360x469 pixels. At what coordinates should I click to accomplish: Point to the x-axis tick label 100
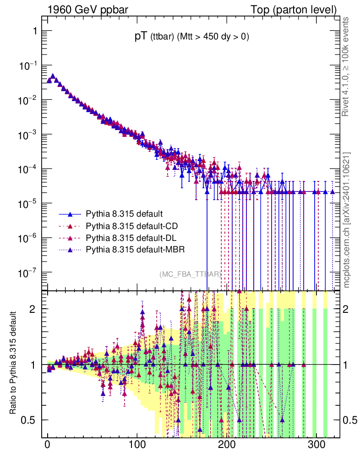(137, 445)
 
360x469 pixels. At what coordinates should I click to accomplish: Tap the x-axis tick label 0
(48, 445)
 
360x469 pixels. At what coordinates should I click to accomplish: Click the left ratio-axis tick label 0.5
(29, 420)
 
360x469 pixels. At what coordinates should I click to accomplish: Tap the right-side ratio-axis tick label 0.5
(351, 420)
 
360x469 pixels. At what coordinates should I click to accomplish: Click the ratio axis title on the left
(13, 364)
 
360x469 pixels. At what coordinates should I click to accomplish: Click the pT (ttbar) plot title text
(191, 38)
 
